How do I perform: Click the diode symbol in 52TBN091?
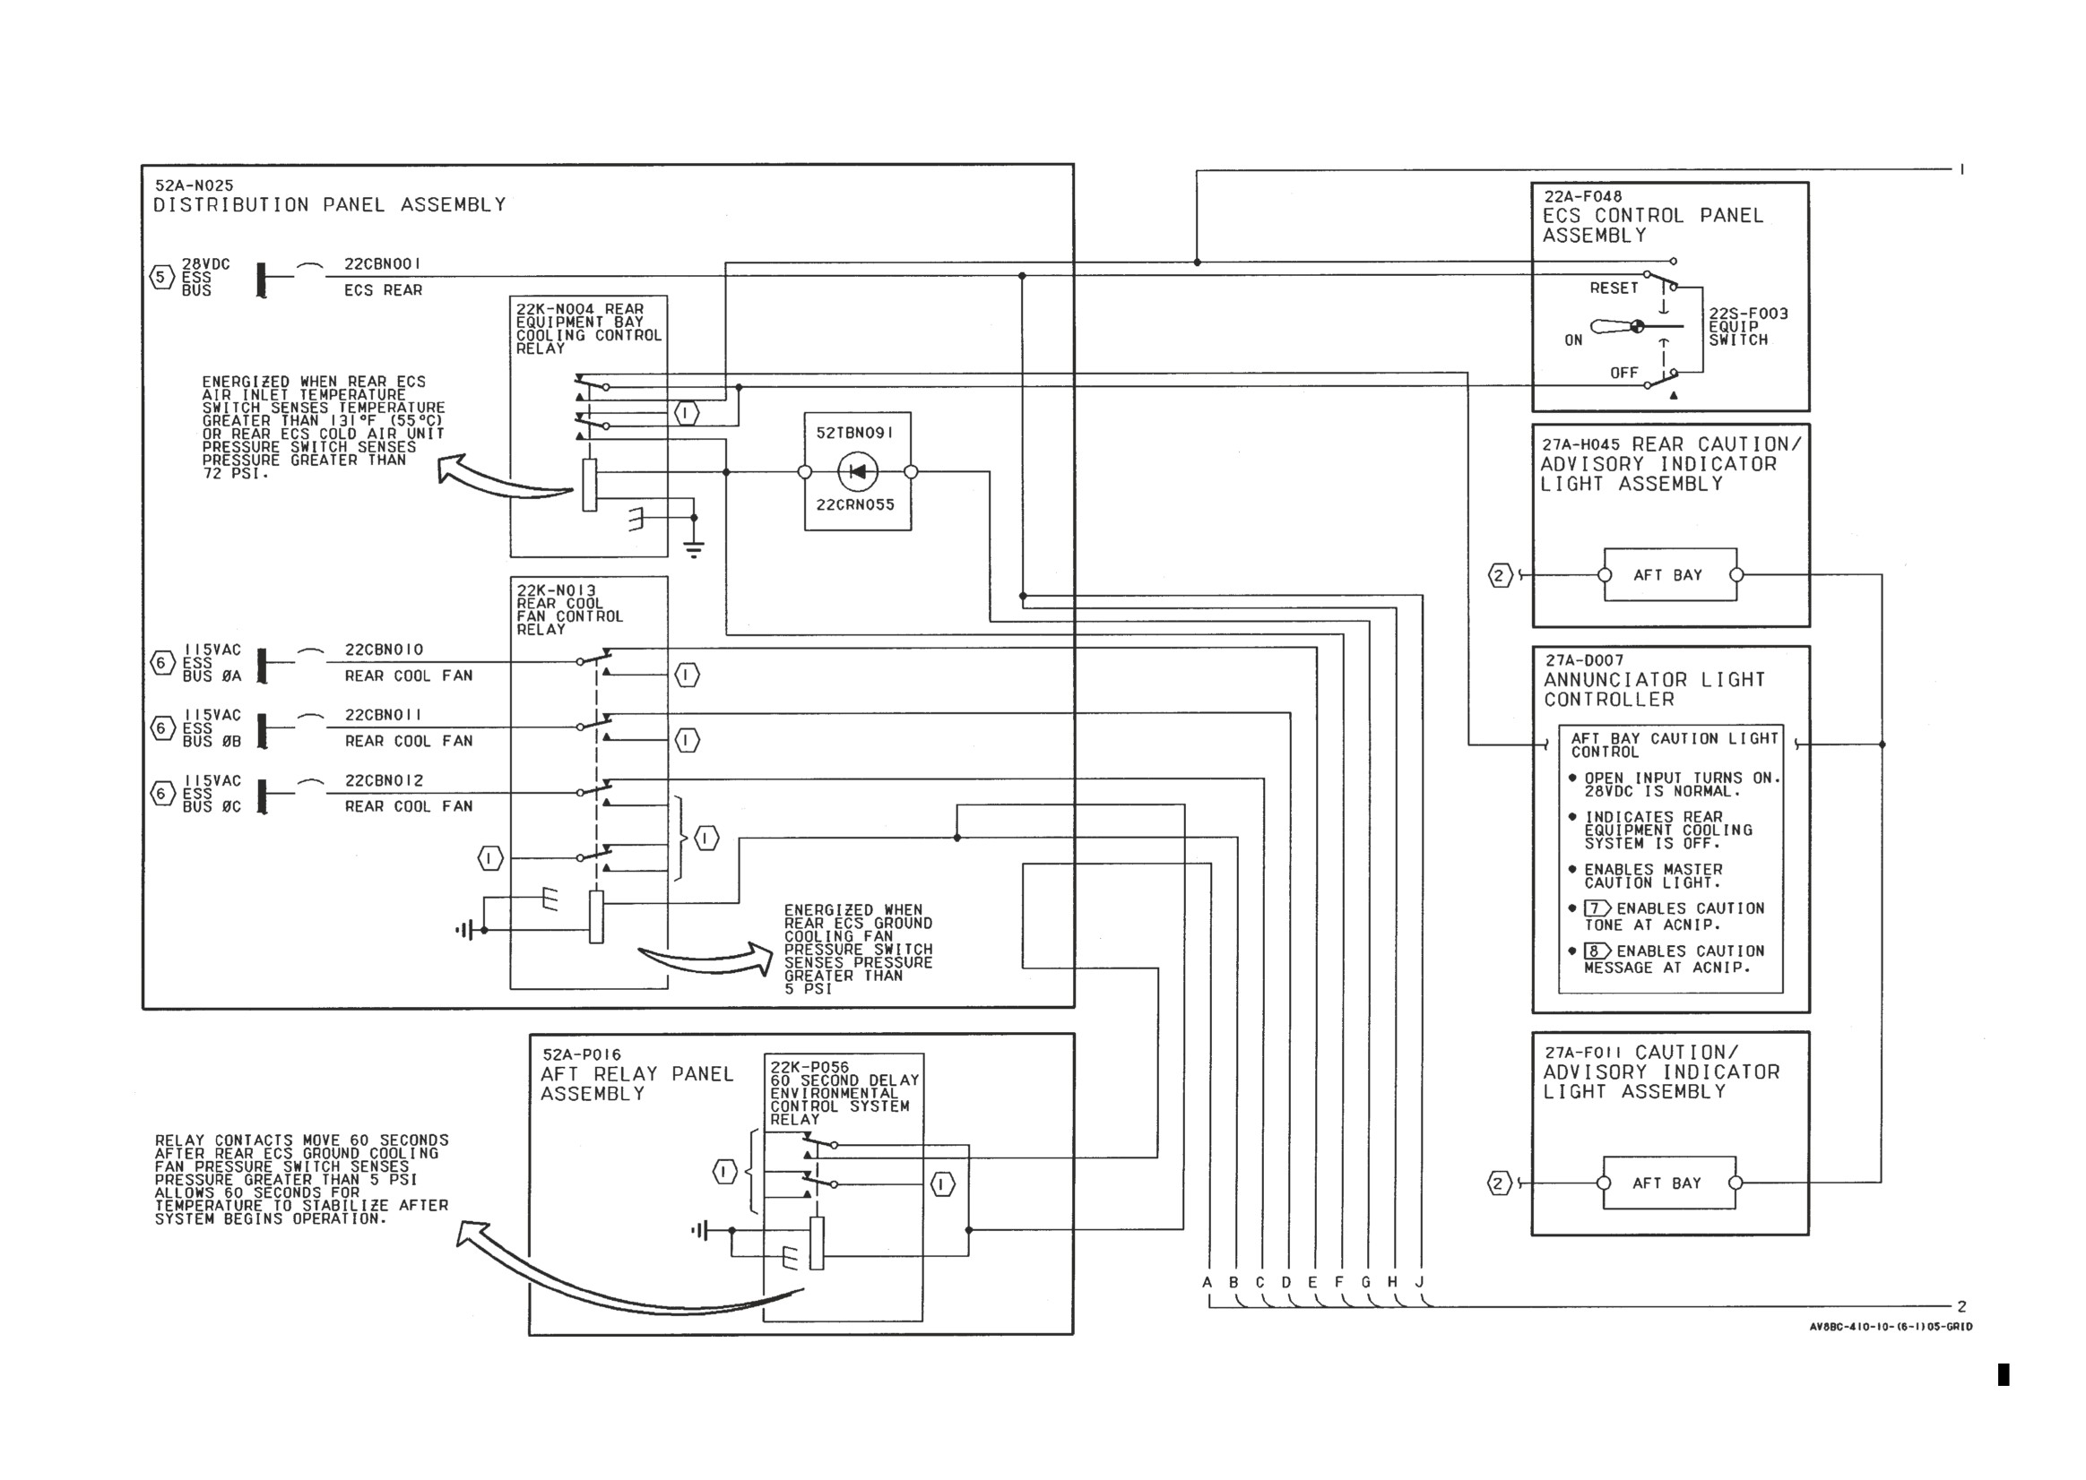pos(857,471)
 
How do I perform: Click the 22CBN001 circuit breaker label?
pos(382,263)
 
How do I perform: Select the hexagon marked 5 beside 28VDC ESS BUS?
pos(162,276)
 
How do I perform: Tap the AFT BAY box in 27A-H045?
pos(1669,575)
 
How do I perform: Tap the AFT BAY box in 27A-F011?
pos(1668,1183)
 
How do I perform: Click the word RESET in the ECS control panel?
pos(1614,288)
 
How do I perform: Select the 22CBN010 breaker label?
pos(384,650)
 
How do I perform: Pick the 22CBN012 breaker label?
pos(384,780)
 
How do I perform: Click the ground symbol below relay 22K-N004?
pos(694,548)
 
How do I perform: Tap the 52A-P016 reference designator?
pos(582,1055)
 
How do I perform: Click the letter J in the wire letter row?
pos(1420,1282)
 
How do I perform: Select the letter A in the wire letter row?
pos(1207,1282)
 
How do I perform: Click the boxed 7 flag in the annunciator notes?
pos(1597,908)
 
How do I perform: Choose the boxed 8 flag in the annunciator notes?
pos(1597,951)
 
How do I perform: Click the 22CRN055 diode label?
pos(855,505)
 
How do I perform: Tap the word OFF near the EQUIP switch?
pos(1623,373)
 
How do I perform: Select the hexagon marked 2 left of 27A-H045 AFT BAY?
pos(1500,575)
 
